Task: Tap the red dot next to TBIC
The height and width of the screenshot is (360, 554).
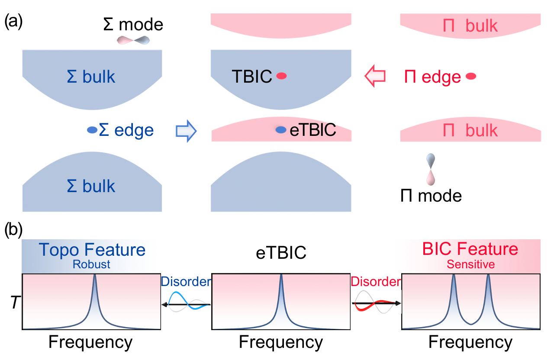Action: [x=282, y=76]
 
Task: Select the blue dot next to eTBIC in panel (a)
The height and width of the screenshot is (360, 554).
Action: [x=281, y=129]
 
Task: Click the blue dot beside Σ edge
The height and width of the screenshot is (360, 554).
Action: [x=92, y=129]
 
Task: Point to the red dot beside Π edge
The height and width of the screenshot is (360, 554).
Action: [x=471, y=77]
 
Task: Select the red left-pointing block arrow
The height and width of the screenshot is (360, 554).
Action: [x=375, y=77]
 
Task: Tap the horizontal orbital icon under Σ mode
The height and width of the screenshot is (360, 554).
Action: [x=134, y=40]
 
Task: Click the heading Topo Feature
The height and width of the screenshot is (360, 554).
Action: [x=92, y=250]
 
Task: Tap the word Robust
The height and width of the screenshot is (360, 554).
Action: [x=92, y=264]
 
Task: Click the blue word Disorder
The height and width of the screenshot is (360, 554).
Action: [x=185, y=281]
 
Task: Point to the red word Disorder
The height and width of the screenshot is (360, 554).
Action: [x=376, y=281]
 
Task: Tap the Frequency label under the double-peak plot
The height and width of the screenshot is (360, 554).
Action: [x=471, y=342]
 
